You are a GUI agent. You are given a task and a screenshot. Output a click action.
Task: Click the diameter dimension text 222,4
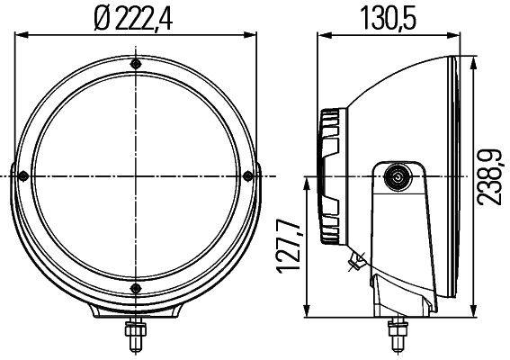pos(146,18)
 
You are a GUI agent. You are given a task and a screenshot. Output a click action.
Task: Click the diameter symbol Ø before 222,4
pos(102,18)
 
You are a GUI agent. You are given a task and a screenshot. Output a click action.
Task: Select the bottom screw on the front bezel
pos(135,287)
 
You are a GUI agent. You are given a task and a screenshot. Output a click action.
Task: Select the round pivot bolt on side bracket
pos(396,179)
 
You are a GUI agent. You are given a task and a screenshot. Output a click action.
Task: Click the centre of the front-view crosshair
pos(135,175)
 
